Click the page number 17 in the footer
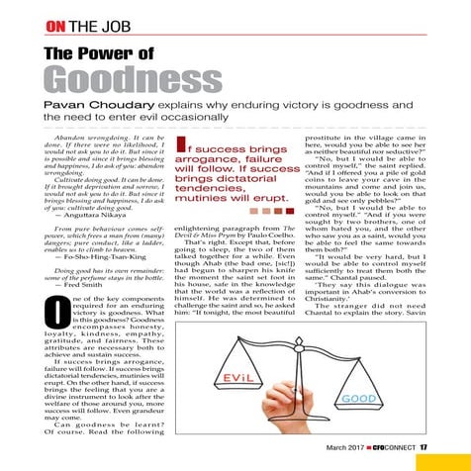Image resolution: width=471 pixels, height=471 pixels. pos(421,449)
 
